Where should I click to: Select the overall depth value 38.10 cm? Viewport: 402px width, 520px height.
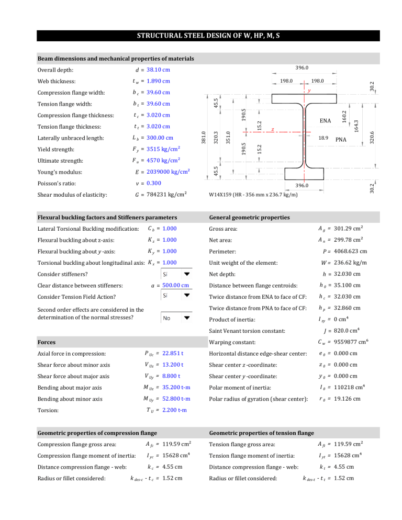(x=158, y=70)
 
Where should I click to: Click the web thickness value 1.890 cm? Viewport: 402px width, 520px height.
(x=158, y=81)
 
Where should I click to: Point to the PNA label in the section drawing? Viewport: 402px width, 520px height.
(x=342, y=140)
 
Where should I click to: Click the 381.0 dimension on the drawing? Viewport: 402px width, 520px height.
(x=205, y=139)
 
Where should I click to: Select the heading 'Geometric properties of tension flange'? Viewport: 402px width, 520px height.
(x=261, y=433)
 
